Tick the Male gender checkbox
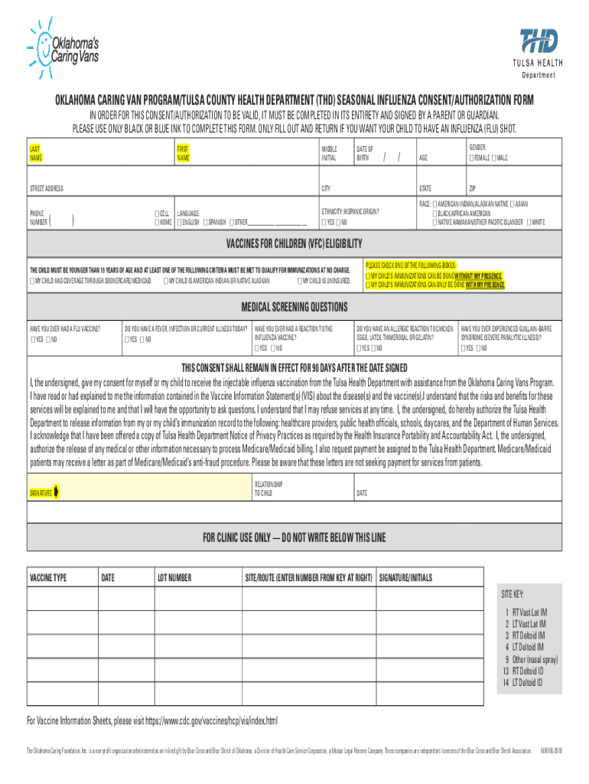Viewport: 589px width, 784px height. coord(496,158)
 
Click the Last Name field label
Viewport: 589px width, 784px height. coord(36,152)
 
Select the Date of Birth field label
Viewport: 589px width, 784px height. coord(365,152)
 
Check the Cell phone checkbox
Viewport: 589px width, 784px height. coord(157,214)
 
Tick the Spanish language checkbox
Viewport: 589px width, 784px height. coord(206,222)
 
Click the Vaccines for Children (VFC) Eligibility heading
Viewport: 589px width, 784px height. coord(294,243)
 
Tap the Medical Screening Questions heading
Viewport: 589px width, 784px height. coord(294,308)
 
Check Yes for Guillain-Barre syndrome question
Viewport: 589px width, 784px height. coord(464,349)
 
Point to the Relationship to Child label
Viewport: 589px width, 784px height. coord(268,488)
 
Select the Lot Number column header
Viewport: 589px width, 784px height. coord(174,577)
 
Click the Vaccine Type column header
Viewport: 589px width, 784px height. coord(48,577)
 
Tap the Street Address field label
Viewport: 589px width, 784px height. coord(46,188)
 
